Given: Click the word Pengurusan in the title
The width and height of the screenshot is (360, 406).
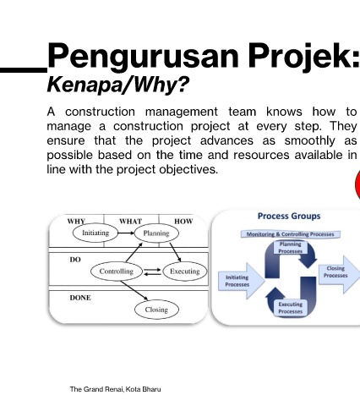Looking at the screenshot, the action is coord(143,56).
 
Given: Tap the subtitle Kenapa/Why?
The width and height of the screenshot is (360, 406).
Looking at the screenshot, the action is coord(117,85).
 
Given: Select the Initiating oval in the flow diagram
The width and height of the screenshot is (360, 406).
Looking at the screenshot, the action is coord(95,233).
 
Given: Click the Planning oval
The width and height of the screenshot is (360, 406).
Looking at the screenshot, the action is coord(156,233).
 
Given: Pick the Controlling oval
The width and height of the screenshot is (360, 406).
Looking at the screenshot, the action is coord(117,272).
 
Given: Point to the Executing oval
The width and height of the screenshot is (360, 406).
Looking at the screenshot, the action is coord(185,272).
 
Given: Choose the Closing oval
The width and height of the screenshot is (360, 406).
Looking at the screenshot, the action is coord(156,310).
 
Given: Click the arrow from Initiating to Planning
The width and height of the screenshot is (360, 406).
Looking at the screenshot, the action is coord(127,233).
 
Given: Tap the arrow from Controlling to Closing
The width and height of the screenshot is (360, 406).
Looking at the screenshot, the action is coord(134,290).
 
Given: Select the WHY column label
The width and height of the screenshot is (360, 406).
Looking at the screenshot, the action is coord(76,222).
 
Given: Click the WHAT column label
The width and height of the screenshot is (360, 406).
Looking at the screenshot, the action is coord(131,222).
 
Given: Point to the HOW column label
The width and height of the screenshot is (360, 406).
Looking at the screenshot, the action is coord(183,222).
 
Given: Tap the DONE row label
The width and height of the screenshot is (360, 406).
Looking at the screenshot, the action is coord(80,298).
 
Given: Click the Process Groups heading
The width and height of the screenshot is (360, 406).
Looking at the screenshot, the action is coord(289,217).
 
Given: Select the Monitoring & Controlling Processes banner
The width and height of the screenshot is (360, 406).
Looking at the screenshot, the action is coord(291,234).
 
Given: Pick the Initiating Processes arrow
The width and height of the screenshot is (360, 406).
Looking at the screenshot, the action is coord(242,281).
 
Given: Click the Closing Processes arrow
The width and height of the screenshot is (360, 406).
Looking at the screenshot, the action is coord(339,274).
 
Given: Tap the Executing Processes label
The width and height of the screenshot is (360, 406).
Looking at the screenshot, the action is coord(291,308).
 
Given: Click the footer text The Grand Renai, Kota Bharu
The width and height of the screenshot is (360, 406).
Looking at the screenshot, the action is coord(115,389).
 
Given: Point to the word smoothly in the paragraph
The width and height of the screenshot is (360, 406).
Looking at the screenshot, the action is coord(310,140).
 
